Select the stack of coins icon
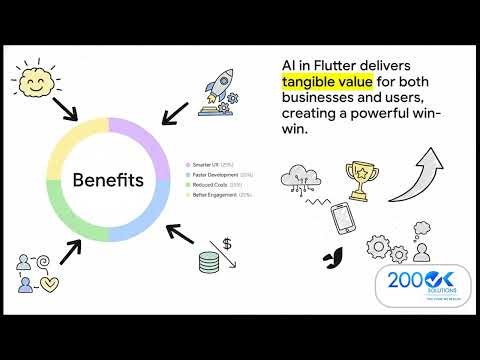(209, 263)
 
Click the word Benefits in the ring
(108, 181)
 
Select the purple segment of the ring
(140, 135)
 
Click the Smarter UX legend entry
(210, 164)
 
